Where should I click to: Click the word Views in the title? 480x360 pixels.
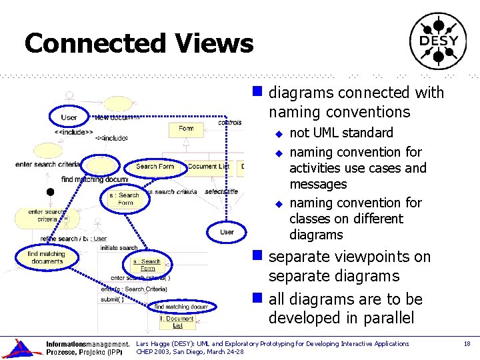[215, 44]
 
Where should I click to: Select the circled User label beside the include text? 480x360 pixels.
[69, 117]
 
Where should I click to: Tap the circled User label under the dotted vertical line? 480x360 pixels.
[227, 231]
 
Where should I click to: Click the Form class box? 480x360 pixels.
[186, 129]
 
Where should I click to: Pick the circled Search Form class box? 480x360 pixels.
[155, 167]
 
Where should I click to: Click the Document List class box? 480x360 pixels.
[208, 167]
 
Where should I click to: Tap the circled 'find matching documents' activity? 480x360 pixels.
[46, 257]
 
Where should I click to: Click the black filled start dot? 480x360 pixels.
[49, 192]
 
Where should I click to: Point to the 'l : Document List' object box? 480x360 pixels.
[177, 322]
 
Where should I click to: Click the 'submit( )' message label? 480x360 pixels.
[111, 299]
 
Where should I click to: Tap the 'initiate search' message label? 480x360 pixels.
[119, 247]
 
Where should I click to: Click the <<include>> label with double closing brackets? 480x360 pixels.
[74, 132]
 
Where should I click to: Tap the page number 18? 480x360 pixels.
[466, 343]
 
